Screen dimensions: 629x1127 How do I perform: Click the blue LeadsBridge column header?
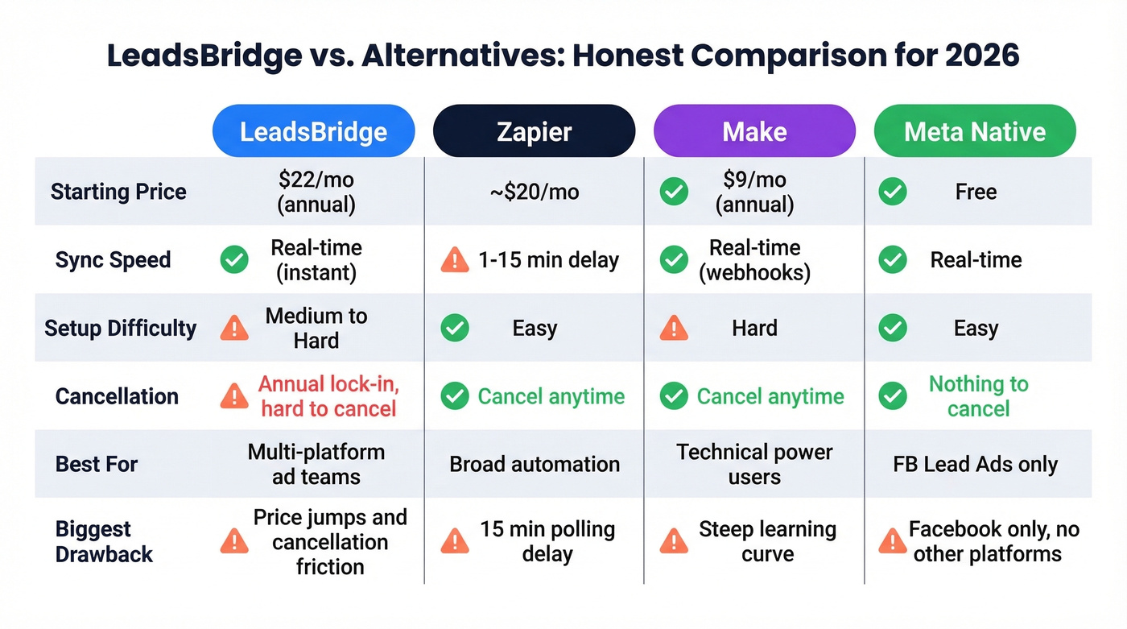coord(313,131)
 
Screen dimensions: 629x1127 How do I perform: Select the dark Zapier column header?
coord(534,131)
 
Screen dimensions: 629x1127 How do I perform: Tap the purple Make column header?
coord(754,131)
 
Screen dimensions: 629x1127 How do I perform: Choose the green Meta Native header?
coord(975,131)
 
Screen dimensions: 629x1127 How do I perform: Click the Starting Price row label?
coord(118,192)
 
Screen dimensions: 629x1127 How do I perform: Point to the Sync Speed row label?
coord(113,260)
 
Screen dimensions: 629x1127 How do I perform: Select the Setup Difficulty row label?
coord(120,328)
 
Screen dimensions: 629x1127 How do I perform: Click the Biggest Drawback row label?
coord(104,541)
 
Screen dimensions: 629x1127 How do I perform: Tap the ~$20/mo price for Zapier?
coord(534,192)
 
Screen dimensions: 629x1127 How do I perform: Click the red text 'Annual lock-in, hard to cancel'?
coord(328,396)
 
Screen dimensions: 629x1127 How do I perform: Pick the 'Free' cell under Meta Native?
coord(976,192)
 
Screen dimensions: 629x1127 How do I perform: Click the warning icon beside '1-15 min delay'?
coord(455,260)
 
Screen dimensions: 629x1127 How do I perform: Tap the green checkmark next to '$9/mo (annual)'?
coord(674,192)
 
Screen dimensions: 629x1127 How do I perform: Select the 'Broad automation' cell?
coord(535,464)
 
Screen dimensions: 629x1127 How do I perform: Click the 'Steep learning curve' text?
coord(767,541)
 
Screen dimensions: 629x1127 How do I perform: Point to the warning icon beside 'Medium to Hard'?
coord(234,328)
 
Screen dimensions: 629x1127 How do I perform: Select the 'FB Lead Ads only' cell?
coord(975,464)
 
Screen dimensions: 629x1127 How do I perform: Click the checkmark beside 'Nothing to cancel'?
coord(893,396)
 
